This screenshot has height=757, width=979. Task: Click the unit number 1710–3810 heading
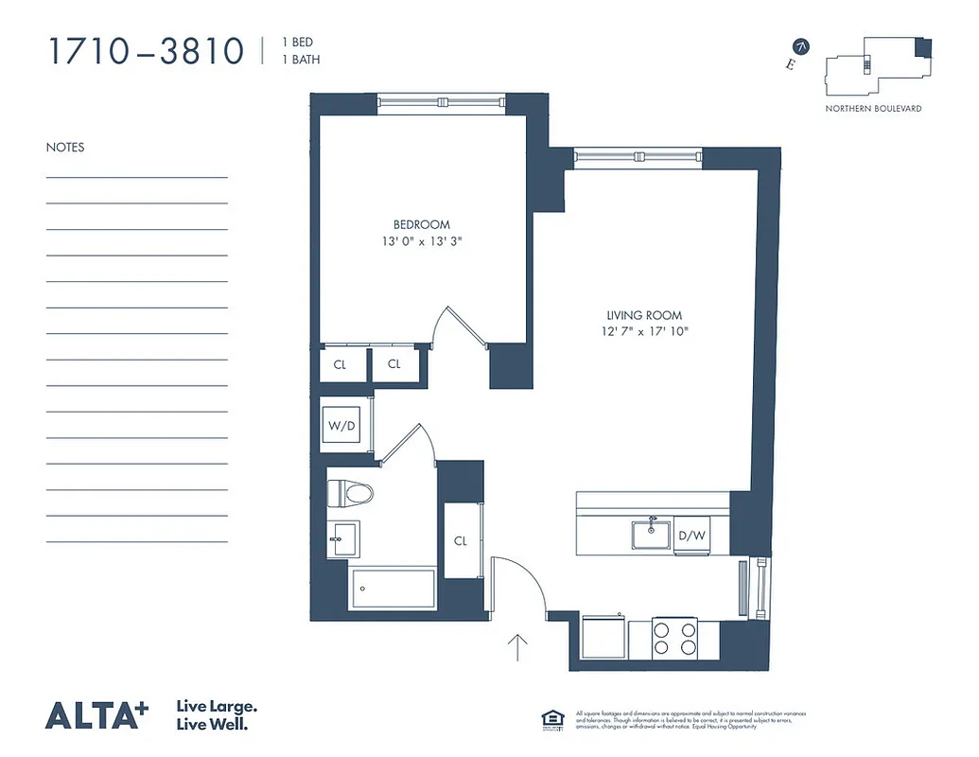(x=147, y=51)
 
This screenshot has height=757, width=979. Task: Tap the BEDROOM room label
(x=422, y=224)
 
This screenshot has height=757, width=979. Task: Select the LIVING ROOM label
(x=643, y=315)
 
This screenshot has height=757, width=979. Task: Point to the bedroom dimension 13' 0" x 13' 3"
(x=422, y=241)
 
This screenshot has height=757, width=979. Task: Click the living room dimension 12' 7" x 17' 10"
(x=643, y=331)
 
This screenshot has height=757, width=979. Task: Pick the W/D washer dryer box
(x=342, y=425)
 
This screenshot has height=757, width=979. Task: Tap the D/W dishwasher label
(x=692, y=537)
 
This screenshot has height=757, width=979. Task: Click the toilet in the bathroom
(x=350, y=493)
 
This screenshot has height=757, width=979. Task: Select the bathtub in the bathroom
(x=392, y=590)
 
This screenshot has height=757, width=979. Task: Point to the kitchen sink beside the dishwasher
(x=652, y=534)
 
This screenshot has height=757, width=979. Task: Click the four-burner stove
(x=675, y=637)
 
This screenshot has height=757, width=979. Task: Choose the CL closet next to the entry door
(x=461, y=541)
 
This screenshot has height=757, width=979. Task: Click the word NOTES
(x=65, y=148)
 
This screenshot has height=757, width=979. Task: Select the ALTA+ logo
(x=97, y=715)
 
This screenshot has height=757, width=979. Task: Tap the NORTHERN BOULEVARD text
(x=873, y=109)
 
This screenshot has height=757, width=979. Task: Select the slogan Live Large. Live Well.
(x=217, y=715)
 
